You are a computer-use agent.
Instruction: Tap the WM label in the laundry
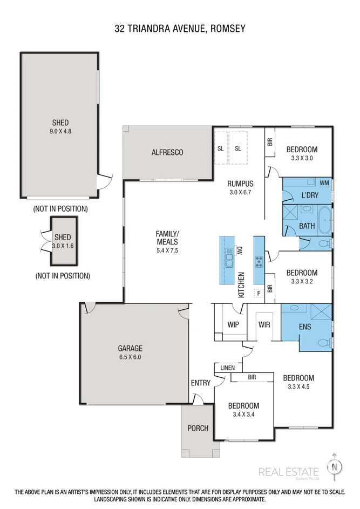point(324,183)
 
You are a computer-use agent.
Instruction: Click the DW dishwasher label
point(240,250)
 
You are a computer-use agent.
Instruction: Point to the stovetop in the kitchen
point(259,262)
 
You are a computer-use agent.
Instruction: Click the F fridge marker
point(259,293)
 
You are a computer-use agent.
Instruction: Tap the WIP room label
point(233,325)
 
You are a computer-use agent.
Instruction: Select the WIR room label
point(264,325)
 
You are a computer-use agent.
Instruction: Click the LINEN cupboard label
point(227,368)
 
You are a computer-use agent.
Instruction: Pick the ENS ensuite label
point(304,327)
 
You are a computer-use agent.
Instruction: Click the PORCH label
point(198,429)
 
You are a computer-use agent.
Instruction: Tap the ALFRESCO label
point(167,153)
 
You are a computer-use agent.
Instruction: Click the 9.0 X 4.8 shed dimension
point(60,131)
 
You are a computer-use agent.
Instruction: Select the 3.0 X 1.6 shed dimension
point(62,246)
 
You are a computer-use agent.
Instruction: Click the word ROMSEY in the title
point(223,29)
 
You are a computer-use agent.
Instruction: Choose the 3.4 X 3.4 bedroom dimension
point(243,415)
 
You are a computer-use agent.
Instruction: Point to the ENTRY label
point(200,383)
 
